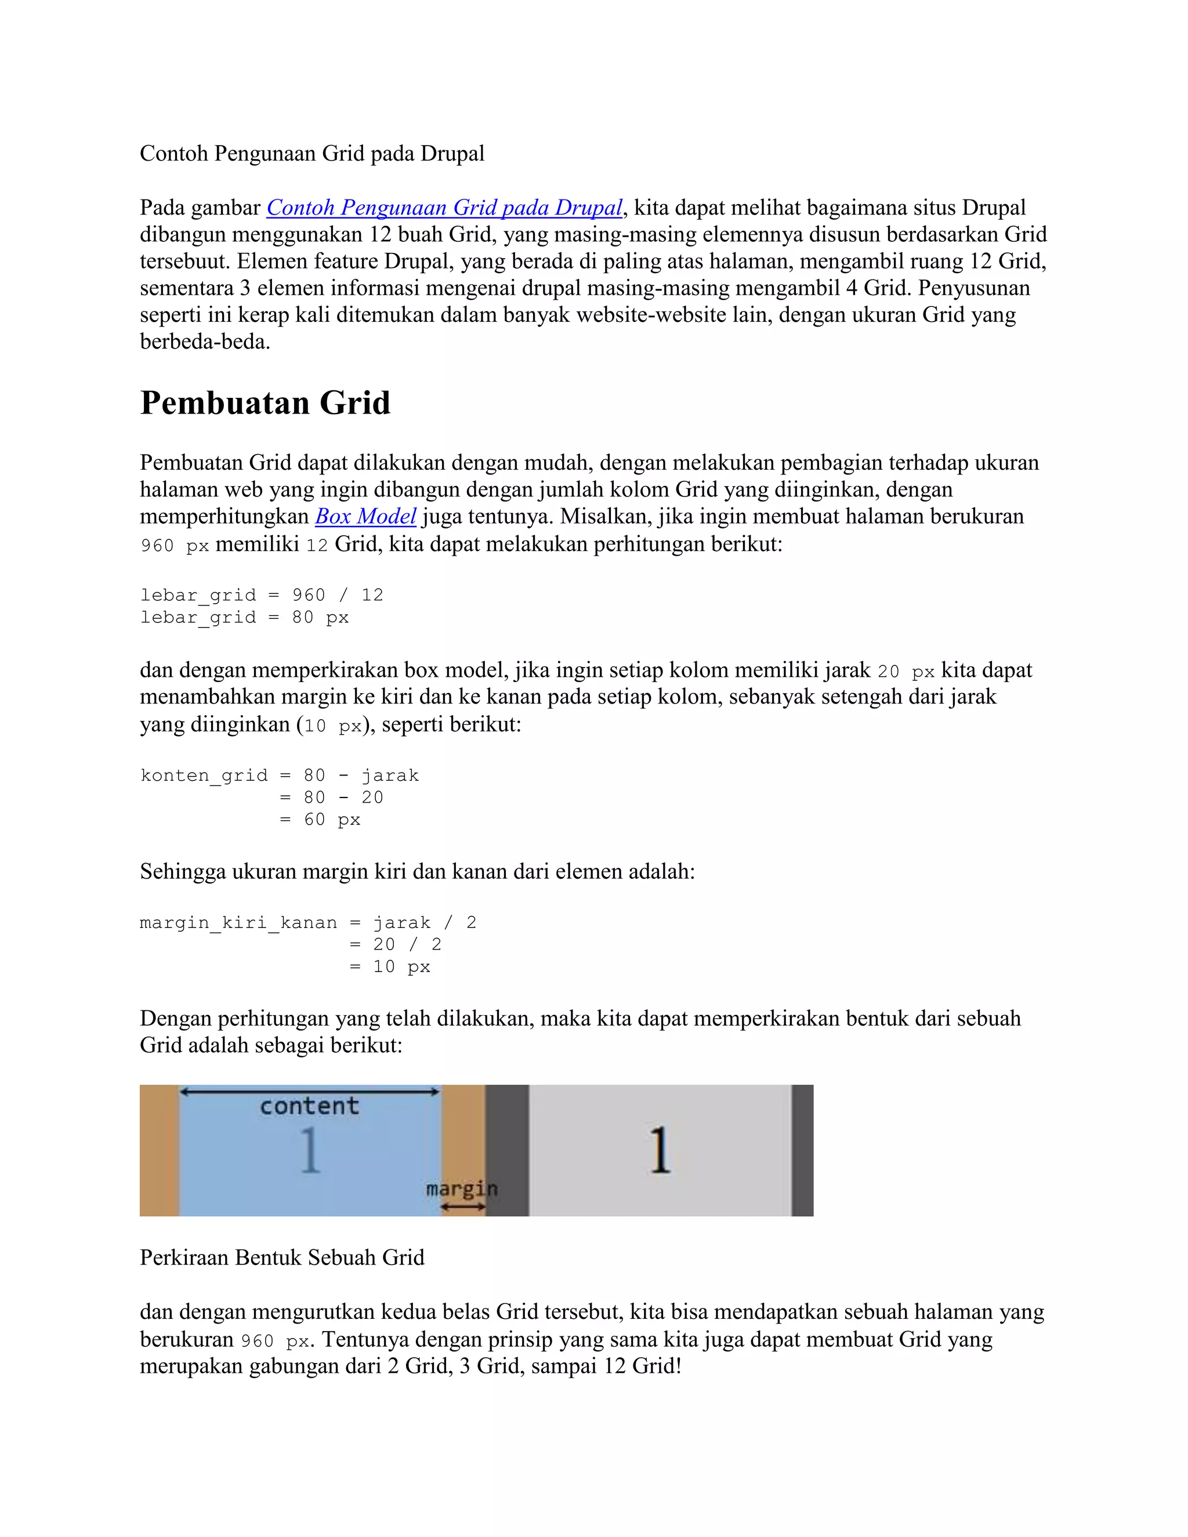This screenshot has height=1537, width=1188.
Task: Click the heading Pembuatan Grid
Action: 265,403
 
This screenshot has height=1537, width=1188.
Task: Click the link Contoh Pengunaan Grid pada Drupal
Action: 444,208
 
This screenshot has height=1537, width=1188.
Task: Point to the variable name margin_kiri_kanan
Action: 238,923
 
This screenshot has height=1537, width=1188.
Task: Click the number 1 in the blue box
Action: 310,1151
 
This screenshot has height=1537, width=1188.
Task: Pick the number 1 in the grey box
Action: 659,1151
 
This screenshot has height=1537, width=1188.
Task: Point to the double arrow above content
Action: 309,1092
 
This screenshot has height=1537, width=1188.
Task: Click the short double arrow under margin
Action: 463,1206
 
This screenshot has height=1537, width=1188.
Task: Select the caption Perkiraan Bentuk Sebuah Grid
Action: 281,1257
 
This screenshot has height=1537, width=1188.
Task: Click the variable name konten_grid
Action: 204,775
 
